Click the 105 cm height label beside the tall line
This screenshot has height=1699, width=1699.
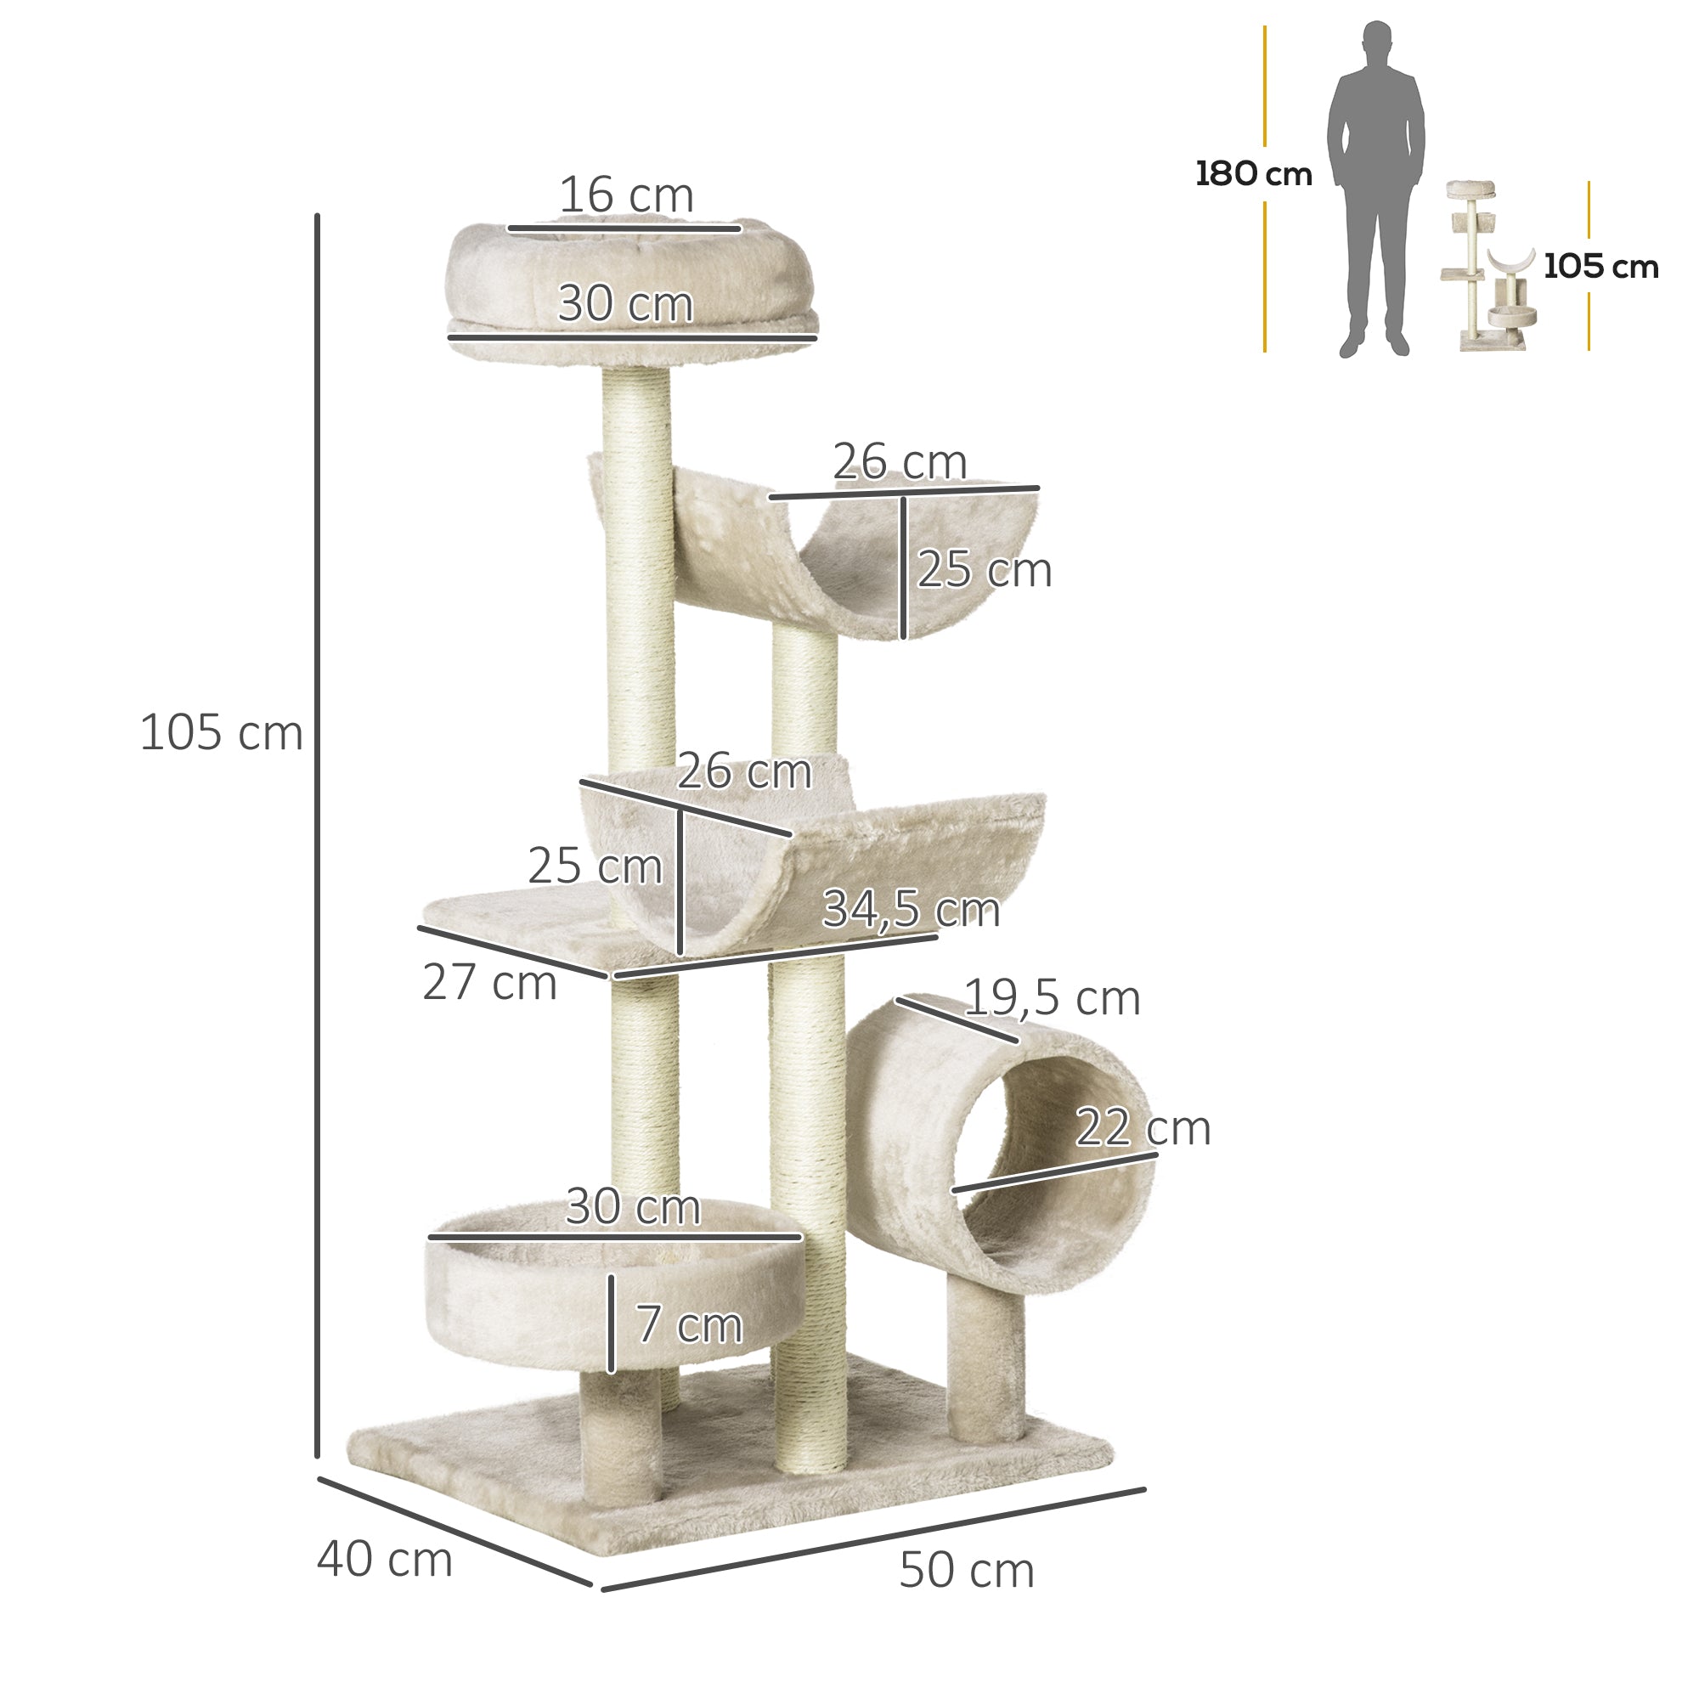222,732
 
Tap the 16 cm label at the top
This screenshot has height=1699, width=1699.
626,195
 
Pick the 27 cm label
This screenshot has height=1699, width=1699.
489,982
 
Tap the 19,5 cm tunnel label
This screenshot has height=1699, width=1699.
1052,998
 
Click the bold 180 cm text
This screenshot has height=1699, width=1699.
1253,174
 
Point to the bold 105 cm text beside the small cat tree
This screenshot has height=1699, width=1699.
1600,267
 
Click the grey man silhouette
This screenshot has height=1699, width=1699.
1375,189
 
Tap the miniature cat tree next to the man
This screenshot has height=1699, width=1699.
1489,268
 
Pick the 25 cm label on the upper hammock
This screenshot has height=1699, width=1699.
984,570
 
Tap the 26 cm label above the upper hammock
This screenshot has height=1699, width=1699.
900,461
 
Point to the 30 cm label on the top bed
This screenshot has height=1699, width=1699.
625,304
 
